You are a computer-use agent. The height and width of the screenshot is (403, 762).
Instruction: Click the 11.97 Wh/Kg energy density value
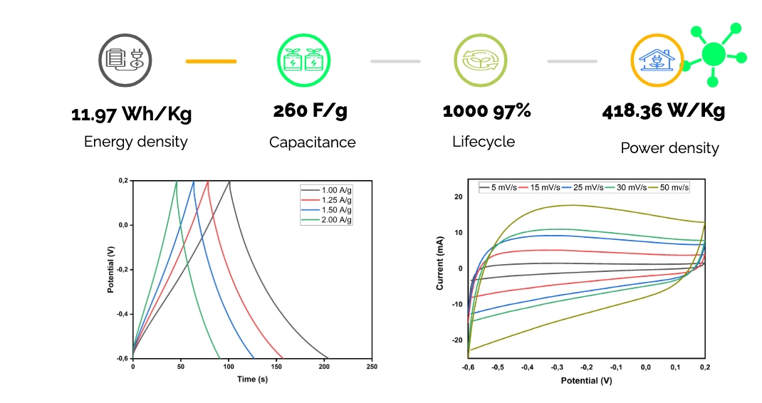coord(131,114)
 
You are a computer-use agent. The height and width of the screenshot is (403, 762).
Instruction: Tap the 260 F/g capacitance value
coord(310,111)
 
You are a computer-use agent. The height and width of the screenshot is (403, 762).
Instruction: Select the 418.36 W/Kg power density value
coord(663,111)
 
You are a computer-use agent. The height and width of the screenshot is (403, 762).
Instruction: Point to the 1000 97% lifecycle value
coord(486,111)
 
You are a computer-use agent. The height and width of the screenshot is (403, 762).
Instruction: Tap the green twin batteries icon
coord(303,61)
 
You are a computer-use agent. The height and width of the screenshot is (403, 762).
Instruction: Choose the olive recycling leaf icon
coord(481,61)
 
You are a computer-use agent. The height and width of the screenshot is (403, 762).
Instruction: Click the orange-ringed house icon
coord(657,61)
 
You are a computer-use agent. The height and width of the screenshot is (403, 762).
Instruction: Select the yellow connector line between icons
coord(211,61)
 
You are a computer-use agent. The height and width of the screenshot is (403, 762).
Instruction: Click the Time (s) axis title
coord(252,380)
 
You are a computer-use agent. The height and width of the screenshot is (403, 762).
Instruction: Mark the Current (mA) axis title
coord(439,263)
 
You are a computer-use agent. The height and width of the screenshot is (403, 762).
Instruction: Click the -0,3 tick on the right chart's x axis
coord(557,367)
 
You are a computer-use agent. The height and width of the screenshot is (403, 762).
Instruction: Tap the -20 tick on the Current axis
coord(457,340)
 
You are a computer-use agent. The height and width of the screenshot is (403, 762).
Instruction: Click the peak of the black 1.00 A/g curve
coord(229,182)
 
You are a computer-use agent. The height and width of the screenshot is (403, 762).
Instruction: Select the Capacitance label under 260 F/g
coord(312,142)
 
